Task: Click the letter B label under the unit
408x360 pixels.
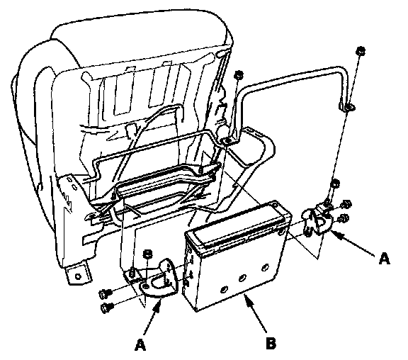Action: click(271, 343)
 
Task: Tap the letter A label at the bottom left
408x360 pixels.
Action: click(140, 345)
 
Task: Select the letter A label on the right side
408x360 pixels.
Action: click(384, 259)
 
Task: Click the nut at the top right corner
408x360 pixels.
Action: click(361, 51)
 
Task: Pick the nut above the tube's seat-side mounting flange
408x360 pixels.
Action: click(238, 76)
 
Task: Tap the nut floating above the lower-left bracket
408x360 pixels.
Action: click(147, 254)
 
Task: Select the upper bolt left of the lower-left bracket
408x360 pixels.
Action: click(106, 294)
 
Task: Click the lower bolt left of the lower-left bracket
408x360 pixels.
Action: click(107, 308)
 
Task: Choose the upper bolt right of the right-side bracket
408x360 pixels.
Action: click(346, 204)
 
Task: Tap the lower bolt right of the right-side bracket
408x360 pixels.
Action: click(344, 218)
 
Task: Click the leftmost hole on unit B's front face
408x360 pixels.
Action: click(225, 289)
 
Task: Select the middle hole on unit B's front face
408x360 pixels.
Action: click(242, 279)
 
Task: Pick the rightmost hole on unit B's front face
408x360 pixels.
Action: click(266, 267)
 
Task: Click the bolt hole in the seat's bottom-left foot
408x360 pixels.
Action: click(78, 276)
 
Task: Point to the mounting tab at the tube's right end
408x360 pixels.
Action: click(347, 107)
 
